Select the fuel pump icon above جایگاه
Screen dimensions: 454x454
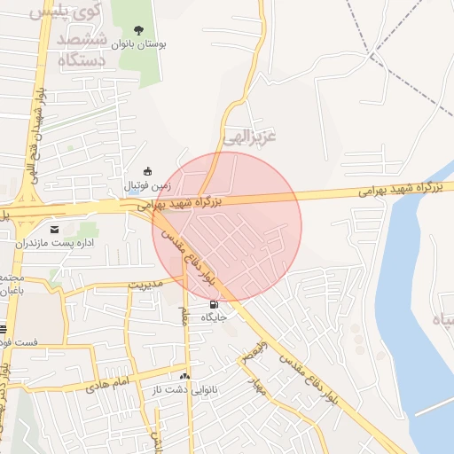coord(213,304)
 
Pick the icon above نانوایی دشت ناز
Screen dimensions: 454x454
coord(184,376)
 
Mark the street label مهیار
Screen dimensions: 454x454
coord(258,387)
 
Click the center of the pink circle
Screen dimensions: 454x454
coord(227,227)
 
